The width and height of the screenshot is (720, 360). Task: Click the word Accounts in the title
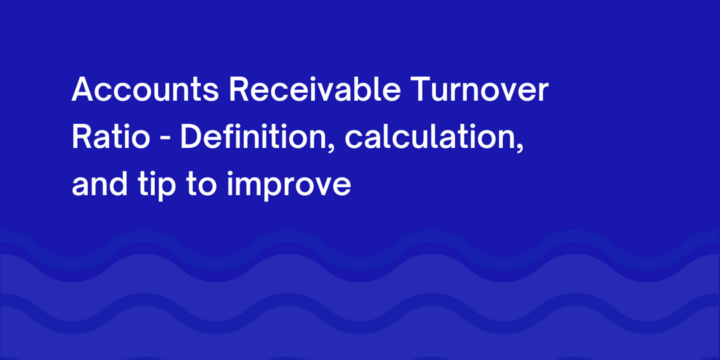pos(145,91)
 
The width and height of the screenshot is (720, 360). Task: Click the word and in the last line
pos(99,184)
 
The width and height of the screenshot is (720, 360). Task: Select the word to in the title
pos(200,185)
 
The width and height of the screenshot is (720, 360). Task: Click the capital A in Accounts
pos(83,91)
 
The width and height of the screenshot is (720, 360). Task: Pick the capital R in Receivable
pos(239,91)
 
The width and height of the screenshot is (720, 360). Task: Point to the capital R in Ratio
pos(81,137)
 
